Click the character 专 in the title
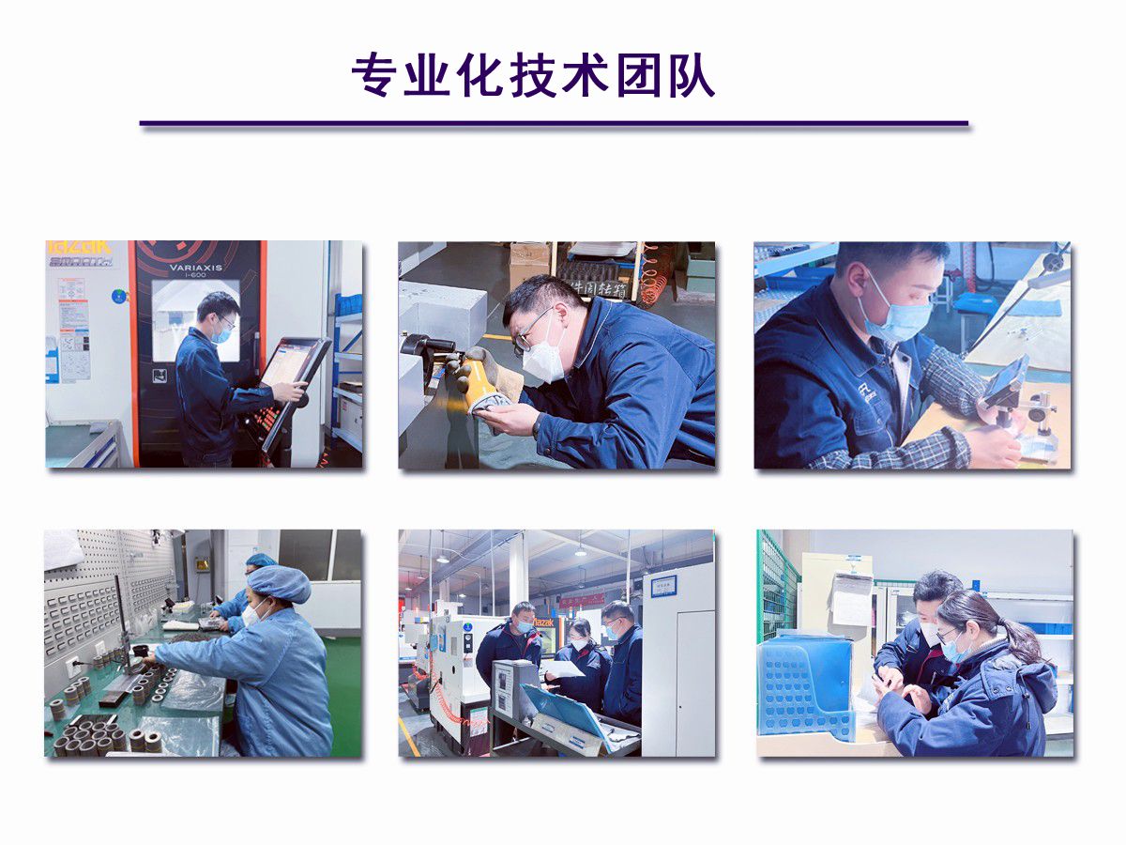click(373, 76)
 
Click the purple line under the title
click(554, 123)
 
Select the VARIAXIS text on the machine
click(196, 268)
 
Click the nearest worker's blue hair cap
click(279, 584)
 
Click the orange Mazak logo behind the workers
click(544, 622)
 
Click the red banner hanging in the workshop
click(583, 599)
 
